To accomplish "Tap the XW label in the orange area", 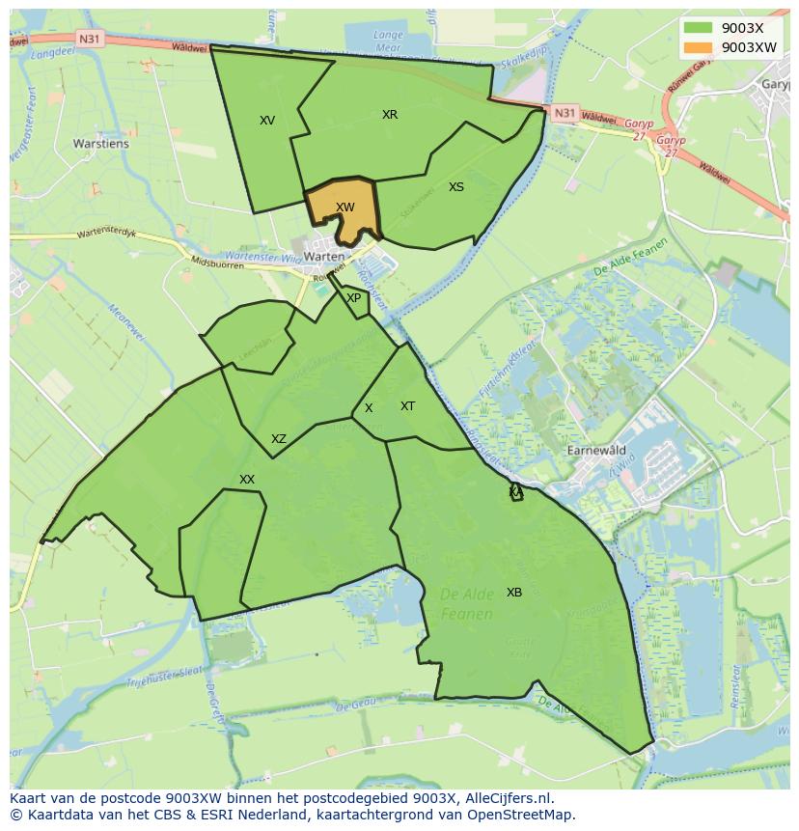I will click(344, 208).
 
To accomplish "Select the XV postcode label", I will click(267, 121).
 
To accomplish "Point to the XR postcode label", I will click(390, 115).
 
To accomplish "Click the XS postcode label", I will click(456, 187).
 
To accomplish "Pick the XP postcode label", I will click(353, 298).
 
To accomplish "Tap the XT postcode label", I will click(407, 406).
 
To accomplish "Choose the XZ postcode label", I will click(279, 439).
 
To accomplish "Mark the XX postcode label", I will click(247, 480).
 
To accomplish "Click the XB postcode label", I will click(514, 593).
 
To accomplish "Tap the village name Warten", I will click(323, 257).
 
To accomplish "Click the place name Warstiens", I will click(100, 145).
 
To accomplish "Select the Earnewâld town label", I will click(596, 451).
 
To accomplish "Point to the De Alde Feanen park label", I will click(467, 603).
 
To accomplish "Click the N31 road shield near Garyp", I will click(565, 113).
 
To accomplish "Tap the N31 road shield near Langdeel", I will click(89, 39).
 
